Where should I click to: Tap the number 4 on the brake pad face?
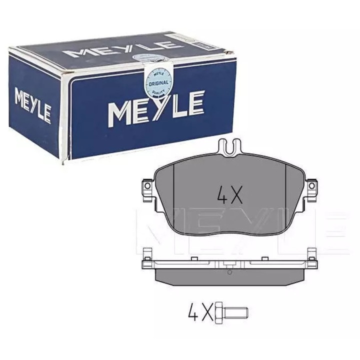pyautogui.click(x=221, y=194)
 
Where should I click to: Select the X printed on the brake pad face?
pyautogui.click(x=237, y=194)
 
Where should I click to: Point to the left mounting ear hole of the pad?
pyautogui.click(x=147, y=186)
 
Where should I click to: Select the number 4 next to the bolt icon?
pyautogui.click(x=193, y=313)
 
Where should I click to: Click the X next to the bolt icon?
pyautogui.click(x=207, y=313)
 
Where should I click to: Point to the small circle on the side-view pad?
pyautogui.click(x=229, y=272)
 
